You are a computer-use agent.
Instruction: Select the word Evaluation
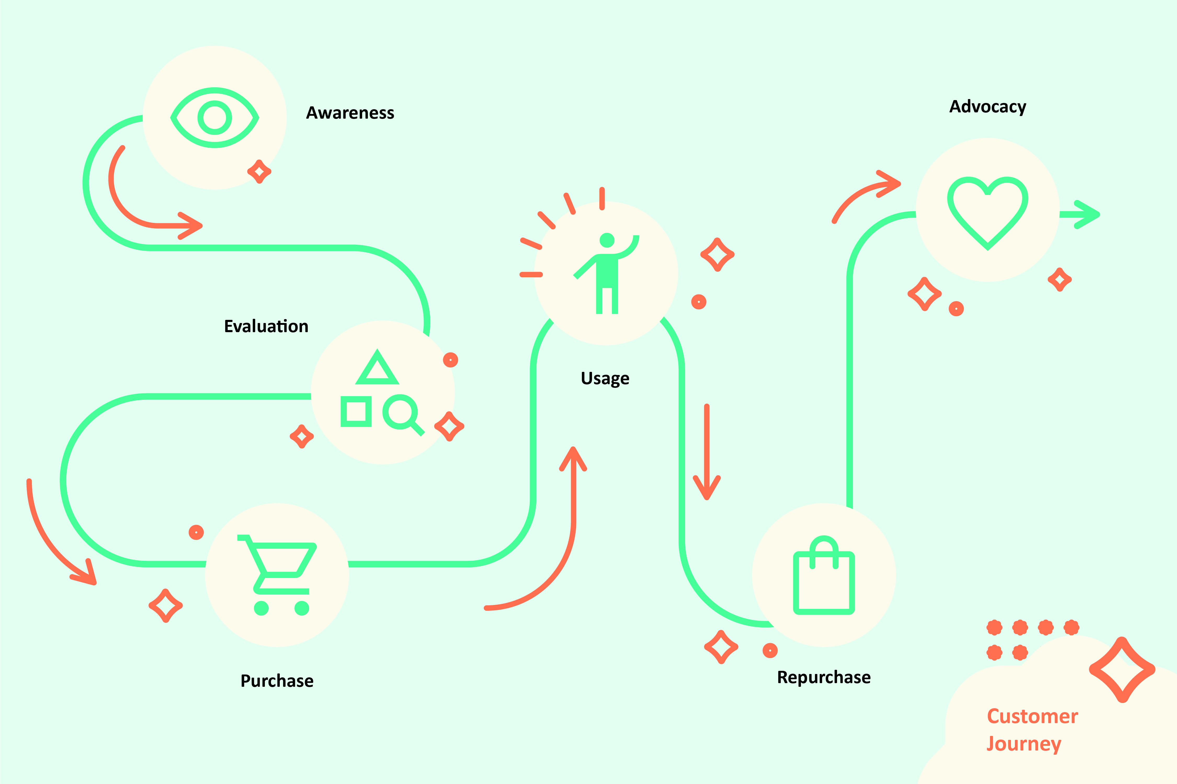(x=266, y=326)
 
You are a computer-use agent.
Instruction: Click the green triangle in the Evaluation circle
(x=377, y=368)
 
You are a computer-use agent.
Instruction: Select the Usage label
(x=605, y=378)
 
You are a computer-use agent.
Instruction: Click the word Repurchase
(x=823, y=677)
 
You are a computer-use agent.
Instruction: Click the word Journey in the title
(x=1024, y=744)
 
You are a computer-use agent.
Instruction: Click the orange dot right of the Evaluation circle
(x=450, y=360)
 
